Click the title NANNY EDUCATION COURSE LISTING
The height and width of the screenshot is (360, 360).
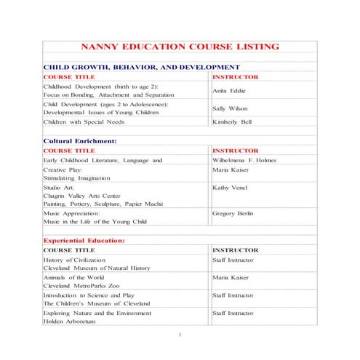180,47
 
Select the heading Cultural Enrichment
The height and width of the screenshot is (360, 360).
81,140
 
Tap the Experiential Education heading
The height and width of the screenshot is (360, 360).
84,240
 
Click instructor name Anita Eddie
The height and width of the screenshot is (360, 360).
228,91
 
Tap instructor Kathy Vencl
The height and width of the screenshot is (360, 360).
230,188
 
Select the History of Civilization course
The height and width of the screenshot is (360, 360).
74,260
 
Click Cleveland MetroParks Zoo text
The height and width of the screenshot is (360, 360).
85,286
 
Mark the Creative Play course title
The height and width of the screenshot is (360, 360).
63,169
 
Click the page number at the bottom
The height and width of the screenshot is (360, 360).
180,335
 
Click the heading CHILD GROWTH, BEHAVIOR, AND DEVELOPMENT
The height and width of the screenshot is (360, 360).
141,67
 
